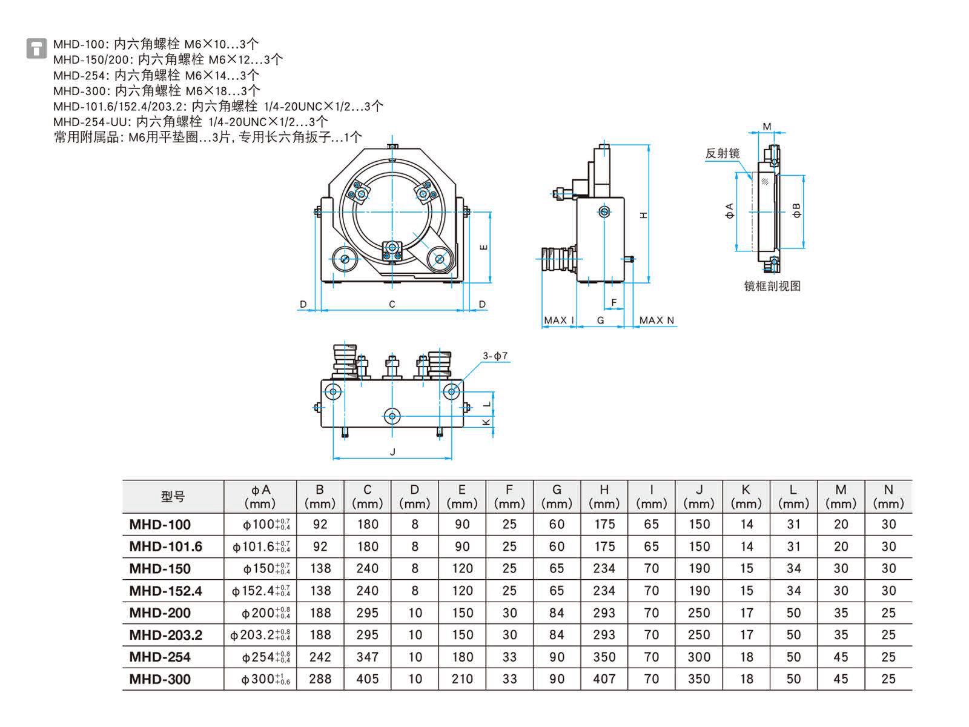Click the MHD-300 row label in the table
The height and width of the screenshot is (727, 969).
(x=160, y=679)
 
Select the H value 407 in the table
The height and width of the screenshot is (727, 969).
(x=604, y=679)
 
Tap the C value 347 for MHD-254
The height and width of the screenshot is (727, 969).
(x=367, y=657)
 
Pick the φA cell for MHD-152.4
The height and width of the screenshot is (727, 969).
(x=260, y=591)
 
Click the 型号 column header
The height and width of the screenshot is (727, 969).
(x=173, y=497)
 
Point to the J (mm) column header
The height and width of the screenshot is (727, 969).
(x=699, y=497)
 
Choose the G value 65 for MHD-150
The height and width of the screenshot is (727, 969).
(x=557, y=568)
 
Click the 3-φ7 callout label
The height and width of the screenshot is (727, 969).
(x=495, y=356)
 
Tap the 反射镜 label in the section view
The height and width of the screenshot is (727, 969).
(x=722, y=153)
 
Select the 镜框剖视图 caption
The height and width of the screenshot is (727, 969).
(x=772, y=286)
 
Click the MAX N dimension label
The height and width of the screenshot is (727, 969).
(x=656, y=320)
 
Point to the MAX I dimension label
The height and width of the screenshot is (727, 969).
(x=558, y=320)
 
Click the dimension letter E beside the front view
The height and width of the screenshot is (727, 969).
(x=483, y=247)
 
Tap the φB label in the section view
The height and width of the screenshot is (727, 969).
(x=797, y=210)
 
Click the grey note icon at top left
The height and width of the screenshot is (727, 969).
(x=36, y=48)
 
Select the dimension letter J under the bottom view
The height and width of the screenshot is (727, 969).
(x=392, y=452)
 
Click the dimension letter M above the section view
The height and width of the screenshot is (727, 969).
(x=767, y=127)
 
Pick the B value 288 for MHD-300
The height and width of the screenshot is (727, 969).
(x=320, y=679)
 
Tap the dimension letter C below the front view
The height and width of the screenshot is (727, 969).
(x=392, y=304)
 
